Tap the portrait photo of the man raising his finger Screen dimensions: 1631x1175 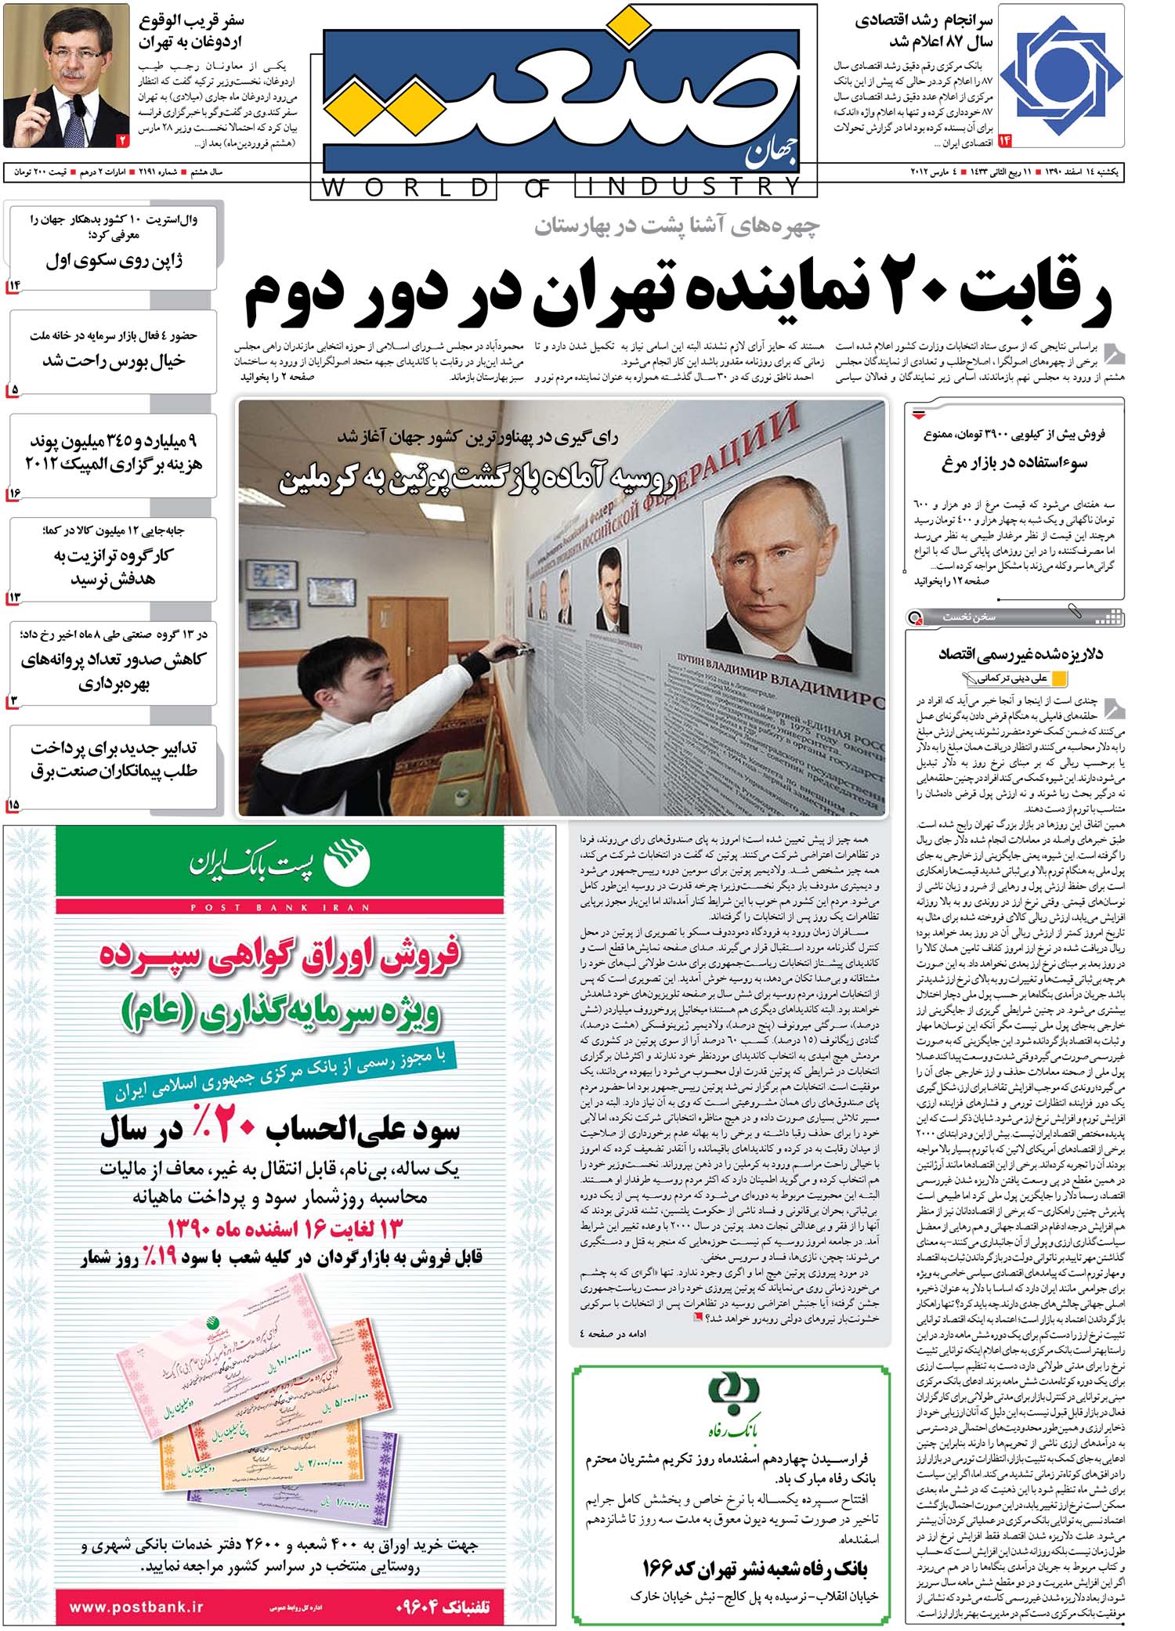coord(67,75)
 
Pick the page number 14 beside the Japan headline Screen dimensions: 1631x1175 coord(15,285)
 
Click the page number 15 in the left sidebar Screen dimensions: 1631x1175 coord(13,804)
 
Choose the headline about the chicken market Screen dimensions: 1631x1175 coord(1014,462)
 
